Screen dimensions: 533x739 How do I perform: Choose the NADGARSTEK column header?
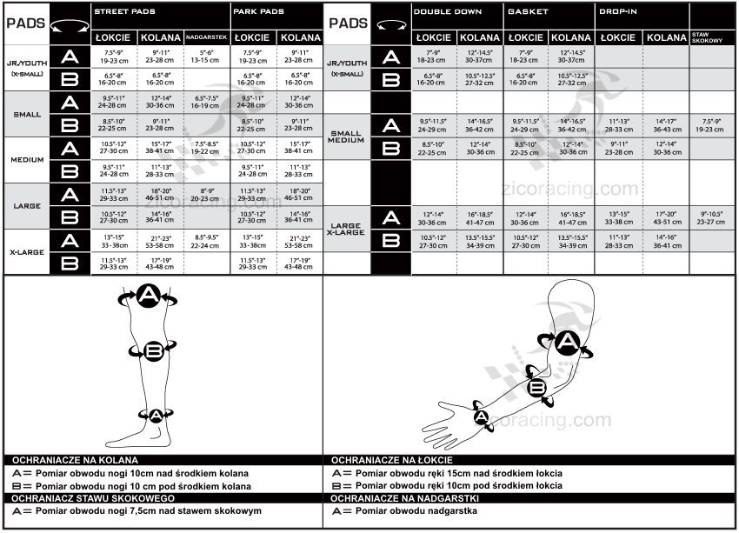[207, 38]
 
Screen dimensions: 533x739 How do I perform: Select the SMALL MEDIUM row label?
[347, 137]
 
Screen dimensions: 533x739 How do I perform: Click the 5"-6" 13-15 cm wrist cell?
[206, 57]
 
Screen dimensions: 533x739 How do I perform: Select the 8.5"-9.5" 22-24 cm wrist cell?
[206, 239]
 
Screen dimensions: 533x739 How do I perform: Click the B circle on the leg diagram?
[154, 350]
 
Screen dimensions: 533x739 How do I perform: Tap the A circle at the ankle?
[155, 414]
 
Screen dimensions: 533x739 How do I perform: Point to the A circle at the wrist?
[480, 416]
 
